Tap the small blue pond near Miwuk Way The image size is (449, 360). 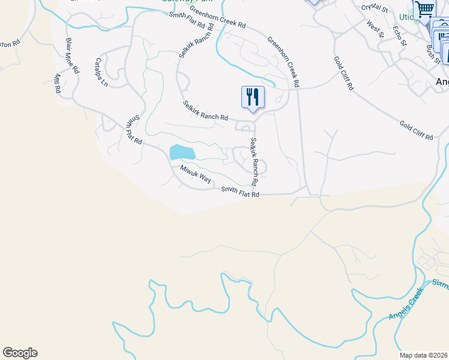click(182, 151)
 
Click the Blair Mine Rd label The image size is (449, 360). click(72, 55)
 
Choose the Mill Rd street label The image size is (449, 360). click(58, 83)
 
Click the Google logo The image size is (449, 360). click(20, 353)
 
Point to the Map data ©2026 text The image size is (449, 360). click(424, 355)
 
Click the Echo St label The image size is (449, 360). click(399, 35)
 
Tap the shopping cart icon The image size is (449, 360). click(424, 9)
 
